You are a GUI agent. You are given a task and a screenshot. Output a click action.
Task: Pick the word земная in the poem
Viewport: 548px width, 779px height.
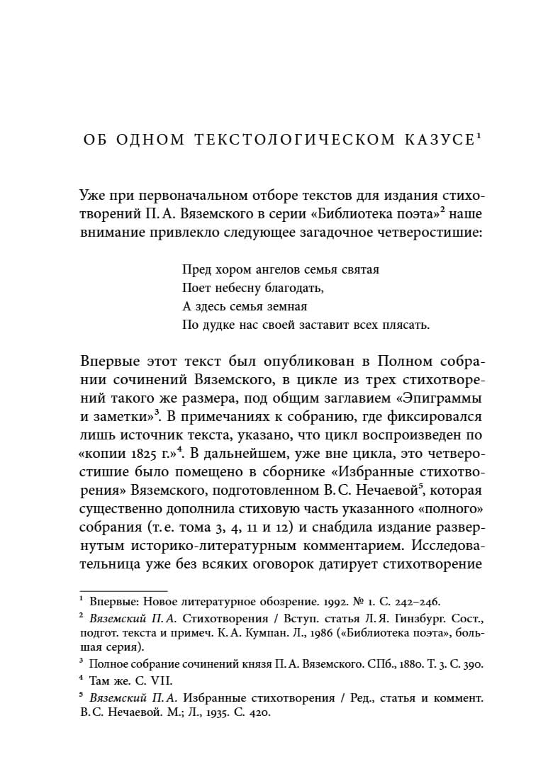pos(283,307)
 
